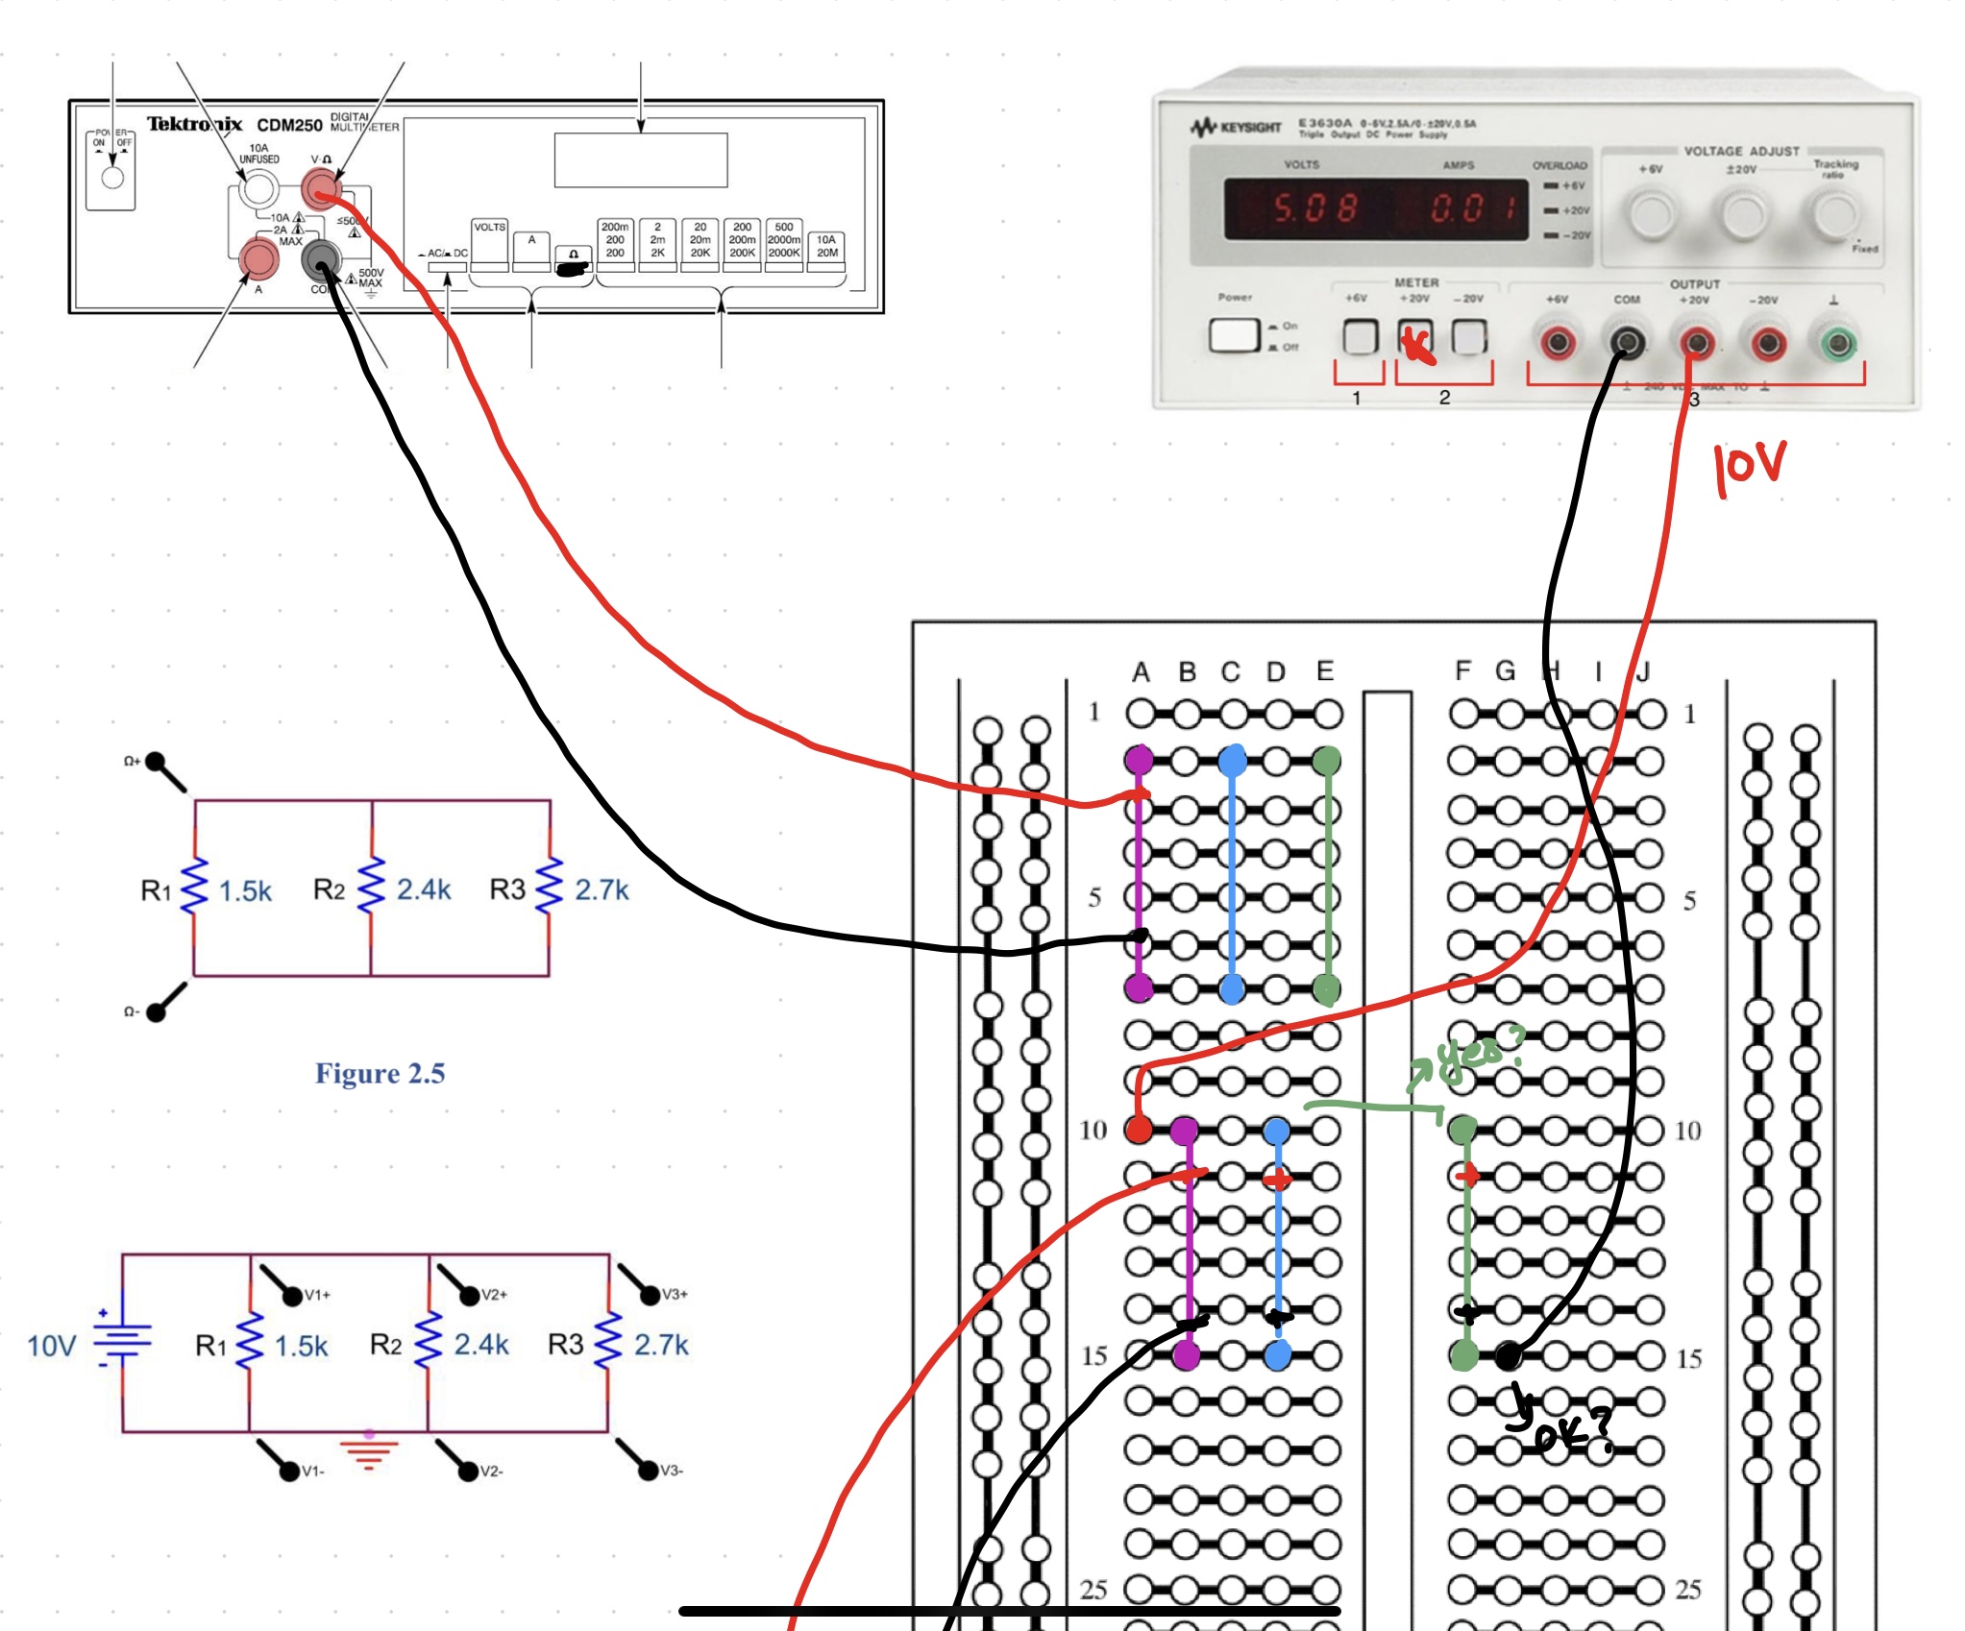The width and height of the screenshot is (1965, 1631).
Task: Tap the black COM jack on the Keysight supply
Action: [1626, 343]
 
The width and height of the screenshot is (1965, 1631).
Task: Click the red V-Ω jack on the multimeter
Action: [321, 187]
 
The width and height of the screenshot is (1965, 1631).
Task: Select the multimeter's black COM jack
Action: [321, 258]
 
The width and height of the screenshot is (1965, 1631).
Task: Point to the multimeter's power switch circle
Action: [112, 178]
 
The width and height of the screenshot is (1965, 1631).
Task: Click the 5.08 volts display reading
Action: [1314, 207]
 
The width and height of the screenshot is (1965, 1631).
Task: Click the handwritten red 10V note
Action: [1749, 468]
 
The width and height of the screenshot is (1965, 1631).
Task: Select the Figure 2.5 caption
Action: [381, 1073]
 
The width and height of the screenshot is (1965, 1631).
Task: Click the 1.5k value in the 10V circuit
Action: [301, 1346]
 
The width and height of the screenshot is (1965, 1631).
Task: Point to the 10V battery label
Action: [51, 1346]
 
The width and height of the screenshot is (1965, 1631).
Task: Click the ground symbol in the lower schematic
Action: [369, 1450]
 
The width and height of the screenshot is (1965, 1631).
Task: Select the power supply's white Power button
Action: [1234, 335]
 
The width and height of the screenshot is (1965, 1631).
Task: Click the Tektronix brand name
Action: [194, 124]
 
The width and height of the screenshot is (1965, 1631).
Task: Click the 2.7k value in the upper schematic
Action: [602, 890]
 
